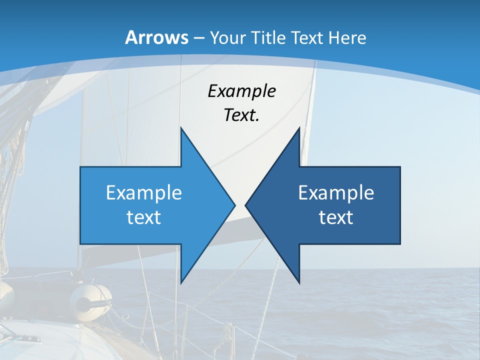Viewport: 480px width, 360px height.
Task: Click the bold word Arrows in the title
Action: click(156, 37)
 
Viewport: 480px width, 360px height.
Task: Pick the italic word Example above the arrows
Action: click(241, 91)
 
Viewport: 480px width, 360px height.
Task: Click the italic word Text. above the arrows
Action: click(241, 115)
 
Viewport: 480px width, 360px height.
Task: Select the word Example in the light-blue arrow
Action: click(144, 192)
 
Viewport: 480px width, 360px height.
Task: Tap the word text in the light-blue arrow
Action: click(144, 217)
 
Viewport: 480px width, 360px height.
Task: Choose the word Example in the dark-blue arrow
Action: click(336, 192)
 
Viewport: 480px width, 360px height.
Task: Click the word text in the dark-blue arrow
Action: click(336, 217)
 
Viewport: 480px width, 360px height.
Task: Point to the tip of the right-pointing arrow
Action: click(234, 205)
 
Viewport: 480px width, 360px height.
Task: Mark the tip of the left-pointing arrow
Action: click(246, 205)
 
